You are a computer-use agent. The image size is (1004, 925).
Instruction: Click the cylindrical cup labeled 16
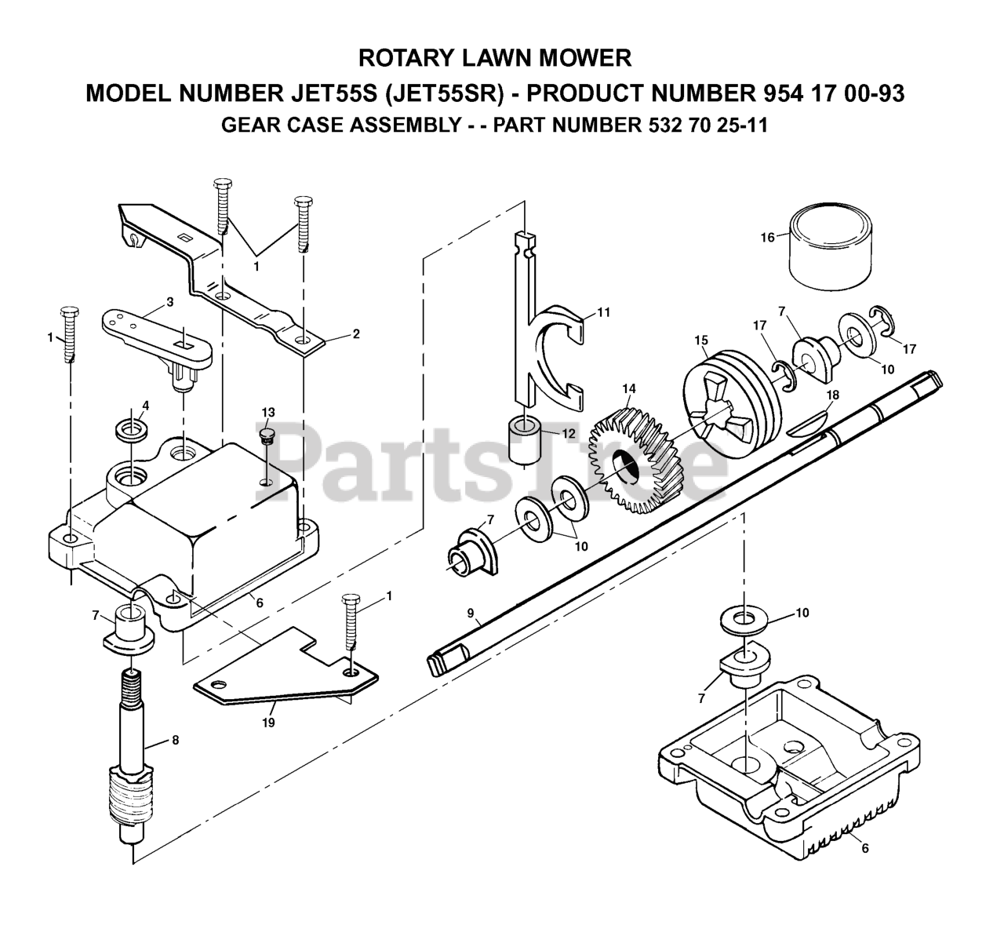(831, 247)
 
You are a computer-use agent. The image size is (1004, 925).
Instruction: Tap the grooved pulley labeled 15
(732, 404)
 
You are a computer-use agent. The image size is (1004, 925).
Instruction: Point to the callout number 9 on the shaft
(470, 613)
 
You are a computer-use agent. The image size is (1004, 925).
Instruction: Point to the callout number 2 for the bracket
(356, 333)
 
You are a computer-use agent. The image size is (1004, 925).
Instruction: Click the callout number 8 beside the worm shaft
(175, 740)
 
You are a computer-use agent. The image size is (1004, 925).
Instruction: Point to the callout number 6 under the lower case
(865, 848)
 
